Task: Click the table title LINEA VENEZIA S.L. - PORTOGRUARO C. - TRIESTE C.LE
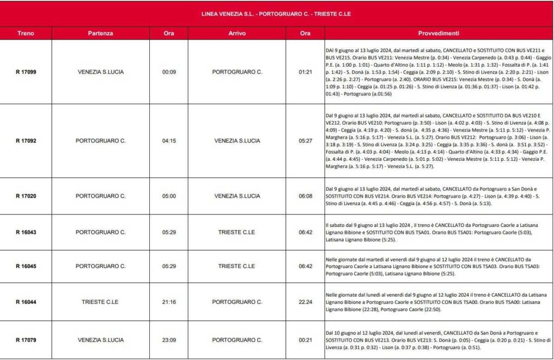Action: coord(276,14)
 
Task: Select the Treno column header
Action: coord(25,33)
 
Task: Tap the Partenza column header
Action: coord(101,33)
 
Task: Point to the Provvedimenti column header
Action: coord(439,33)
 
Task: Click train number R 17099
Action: coord(25,71)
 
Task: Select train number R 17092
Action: coord(25,141)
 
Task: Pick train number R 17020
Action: coord(25,196)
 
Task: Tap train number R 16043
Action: coord(25,232)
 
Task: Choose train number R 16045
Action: coord(25,266)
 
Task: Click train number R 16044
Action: coord(25,302)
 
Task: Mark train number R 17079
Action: coord(25,340)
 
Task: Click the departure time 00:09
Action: coord(169,71)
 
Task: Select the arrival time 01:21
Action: coord(305,71)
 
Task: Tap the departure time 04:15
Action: coord(169,141)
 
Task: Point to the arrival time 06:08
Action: coord(305,196)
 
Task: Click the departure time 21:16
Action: coord(169,302)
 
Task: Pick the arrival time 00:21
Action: coord(305,340)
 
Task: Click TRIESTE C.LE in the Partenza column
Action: coord(101,302)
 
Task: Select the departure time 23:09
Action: coord(169,340)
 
